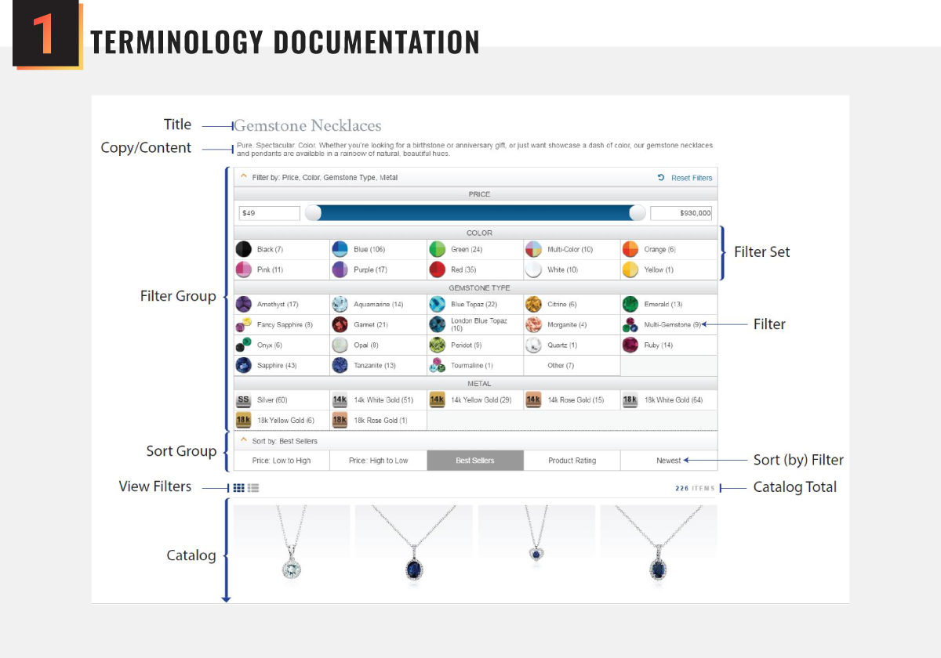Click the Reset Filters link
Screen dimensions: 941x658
[x=691, y=178]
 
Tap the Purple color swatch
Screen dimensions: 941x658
[x=369, y=269]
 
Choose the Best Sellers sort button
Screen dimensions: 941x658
[x=474, y=461]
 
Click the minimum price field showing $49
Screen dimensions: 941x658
[x=269, y=213]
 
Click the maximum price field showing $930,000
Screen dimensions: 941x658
[x=681, y=213]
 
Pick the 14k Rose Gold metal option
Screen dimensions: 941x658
[x=575, y=400]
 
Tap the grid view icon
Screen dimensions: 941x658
[x=239, y=488]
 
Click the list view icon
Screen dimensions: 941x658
[x=253, y=488]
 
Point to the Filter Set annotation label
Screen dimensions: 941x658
[x=761, y=252]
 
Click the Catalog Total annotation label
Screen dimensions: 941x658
[x=794, y=487]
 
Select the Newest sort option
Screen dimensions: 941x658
[x=668, y=461]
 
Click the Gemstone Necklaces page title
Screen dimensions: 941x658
[x=307, y=125]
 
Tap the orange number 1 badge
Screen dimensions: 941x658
[x=45, y=36]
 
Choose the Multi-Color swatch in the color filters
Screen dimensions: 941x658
[x=569, y=249]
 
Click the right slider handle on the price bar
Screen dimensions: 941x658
[x=638, y=213]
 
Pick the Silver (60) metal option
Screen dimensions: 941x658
[x=271, y=400]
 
